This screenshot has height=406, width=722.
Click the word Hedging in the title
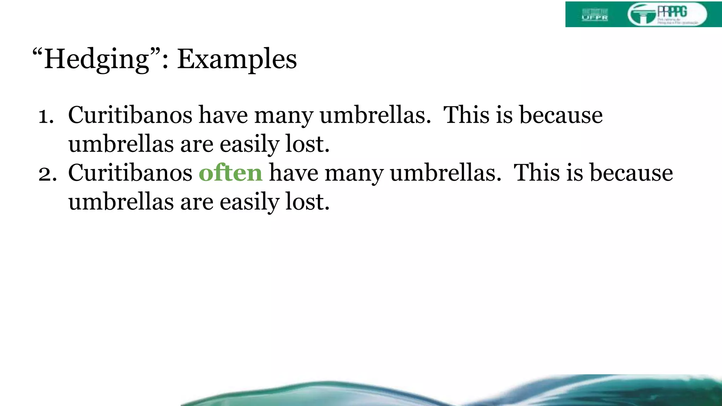pyautogui.click(x=97, y=59)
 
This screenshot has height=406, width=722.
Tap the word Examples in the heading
pyautogui.click(x=237, y=59)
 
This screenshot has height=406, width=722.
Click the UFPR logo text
pyautogui.click(x=595, y=17)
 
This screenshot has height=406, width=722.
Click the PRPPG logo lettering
pyautogui.click(x=672, y=12)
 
